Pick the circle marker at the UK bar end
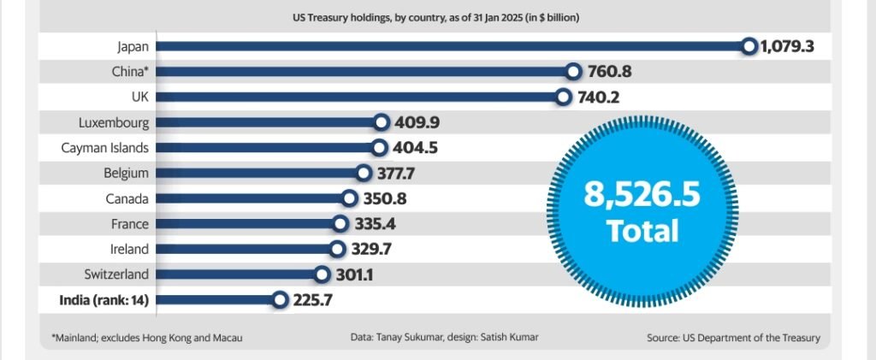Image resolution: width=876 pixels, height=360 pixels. (x=563, y=97)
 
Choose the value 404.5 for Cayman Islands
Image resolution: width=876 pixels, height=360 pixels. (x=416, y=148)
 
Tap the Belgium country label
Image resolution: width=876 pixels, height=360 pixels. (x=127, y=173)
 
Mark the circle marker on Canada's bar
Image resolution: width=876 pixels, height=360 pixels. (x=349, y=198)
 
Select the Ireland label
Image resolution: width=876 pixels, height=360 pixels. (x=129, y=249)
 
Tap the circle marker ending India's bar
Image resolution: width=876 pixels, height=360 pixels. (x=279, y=299)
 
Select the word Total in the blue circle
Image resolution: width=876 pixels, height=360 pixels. (x=642, y=231)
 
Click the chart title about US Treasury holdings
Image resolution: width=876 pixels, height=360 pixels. (x=437, y=16)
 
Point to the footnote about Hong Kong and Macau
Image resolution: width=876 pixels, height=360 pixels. (x=146, y=338)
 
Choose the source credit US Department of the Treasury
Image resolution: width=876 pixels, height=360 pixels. (x=733, y=338)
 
